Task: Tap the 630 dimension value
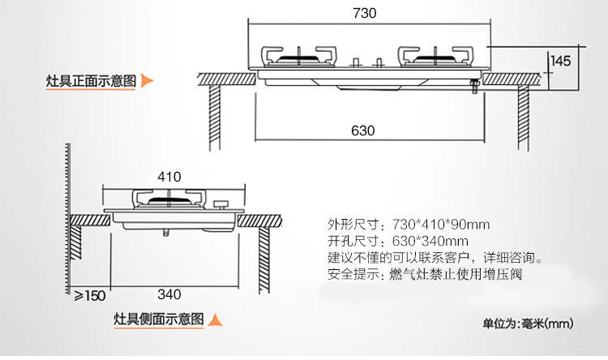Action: pos(363,130)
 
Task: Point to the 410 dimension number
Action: pos(169,176)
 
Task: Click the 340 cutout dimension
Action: pos(169,294)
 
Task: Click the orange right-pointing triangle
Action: pos(147,81)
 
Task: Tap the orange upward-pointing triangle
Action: pos(215,319)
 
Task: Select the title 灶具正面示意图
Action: pos(91,81)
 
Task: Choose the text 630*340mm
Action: pos(430,241)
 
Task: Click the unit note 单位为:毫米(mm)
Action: pos(528,324)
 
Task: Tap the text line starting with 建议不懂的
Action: pos(434,258)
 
